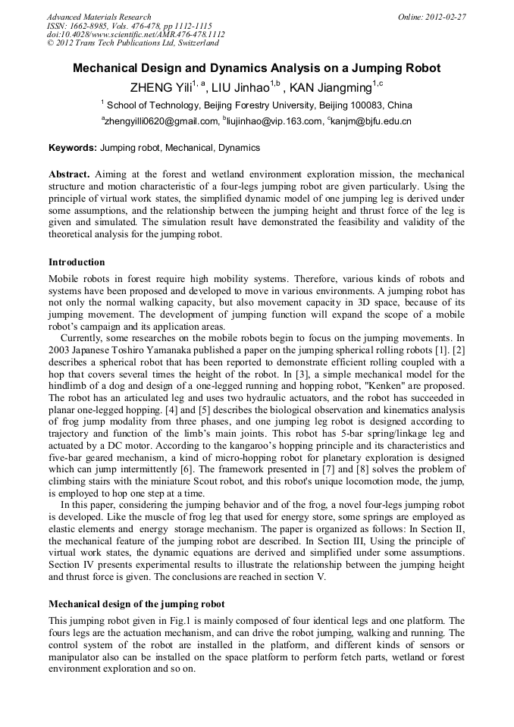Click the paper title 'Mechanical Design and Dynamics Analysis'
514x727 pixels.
click(256, 68)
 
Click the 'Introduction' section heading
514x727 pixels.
click(77, 262)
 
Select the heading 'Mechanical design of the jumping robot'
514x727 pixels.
click(136, 604)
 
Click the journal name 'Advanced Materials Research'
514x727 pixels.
click(99, 17)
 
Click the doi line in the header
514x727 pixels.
click(136, 34)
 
